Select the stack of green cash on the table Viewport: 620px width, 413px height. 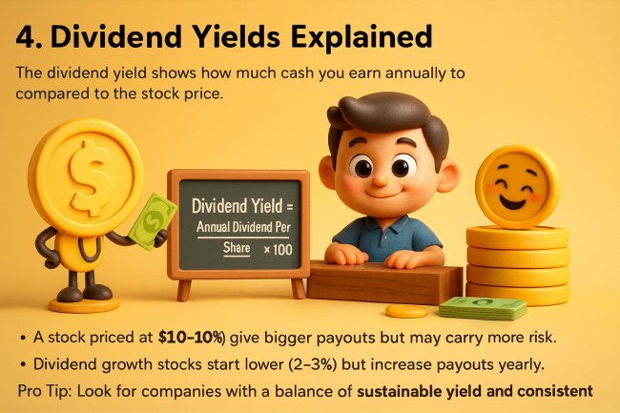point(482,307)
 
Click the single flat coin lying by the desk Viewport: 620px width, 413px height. point(406,311)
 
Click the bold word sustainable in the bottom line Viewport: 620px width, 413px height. point(405,390)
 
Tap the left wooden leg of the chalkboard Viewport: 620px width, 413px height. point(183,289)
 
